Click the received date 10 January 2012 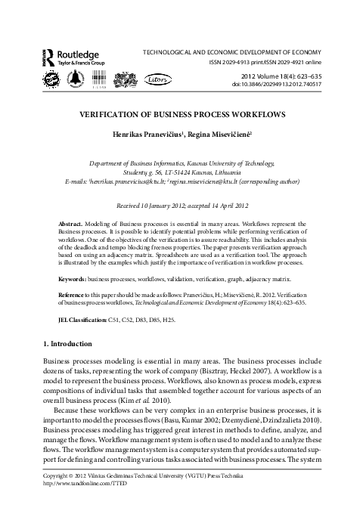pyautogui.click(x=157, y=206)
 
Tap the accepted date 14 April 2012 pyautogui.click(x=226, y=206)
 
